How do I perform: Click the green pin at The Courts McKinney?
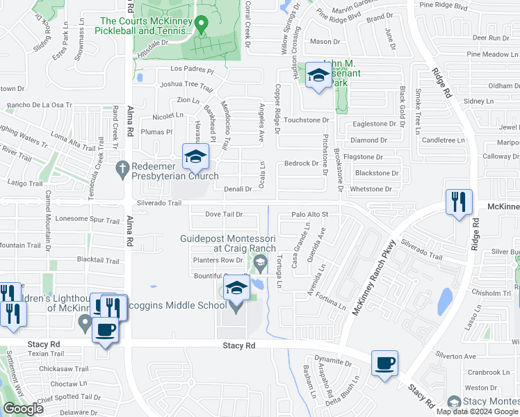click(x=202, y=26)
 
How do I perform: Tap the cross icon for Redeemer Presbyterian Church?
click(x=122, y=167)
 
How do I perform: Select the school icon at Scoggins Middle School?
click(x=236, y=288)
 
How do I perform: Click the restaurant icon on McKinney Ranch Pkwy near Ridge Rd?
click(x=459, y=202)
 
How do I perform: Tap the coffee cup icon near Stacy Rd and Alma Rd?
click(x=105, y=330)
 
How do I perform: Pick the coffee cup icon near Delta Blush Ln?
click(x=384, y=363)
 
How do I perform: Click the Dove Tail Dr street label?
click(x=223, y=214)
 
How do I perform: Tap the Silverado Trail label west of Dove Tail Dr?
click(x=159, y=204)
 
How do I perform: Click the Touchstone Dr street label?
click(x=306, y=120)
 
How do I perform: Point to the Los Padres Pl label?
click(x=190, y=69)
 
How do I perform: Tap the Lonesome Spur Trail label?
click(x=86, y=220)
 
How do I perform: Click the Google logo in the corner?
click(x=23, y=409)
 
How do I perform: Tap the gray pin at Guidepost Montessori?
click(x=261, y=262)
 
